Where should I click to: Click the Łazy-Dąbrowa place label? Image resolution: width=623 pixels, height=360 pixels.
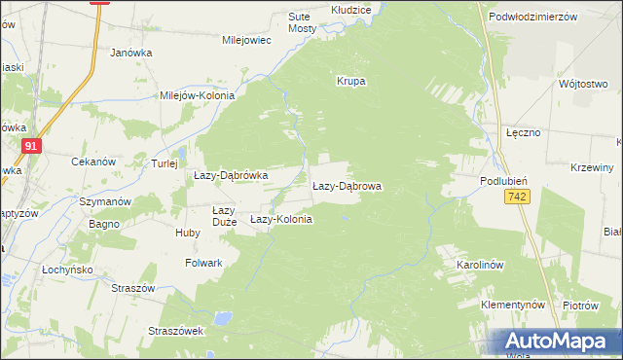point(347,185)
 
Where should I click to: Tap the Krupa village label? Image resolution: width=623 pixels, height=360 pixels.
point(350,82)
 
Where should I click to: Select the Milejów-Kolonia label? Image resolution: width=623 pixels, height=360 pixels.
point(203,95)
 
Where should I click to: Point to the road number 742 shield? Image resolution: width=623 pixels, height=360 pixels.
point(517,198)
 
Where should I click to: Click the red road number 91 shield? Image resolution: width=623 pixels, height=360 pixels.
point(32,146)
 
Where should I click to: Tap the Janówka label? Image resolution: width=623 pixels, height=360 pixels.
point(132,54)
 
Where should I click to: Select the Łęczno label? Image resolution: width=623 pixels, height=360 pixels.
point(524,131)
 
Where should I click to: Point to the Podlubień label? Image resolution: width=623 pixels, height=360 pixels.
point(503,181)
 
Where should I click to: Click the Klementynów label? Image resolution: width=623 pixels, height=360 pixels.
point(512,305)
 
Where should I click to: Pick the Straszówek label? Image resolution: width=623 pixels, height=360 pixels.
point(174,331)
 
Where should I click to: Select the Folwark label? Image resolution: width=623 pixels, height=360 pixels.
point(203,263)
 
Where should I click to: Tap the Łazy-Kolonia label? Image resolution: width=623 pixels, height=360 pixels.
point(281,220)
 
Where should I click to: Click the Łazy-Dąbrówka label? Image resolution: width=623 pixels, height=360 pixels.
point(231,175)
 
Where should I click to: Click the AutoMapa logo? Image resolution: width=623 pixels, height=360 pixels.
point(556,342)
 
